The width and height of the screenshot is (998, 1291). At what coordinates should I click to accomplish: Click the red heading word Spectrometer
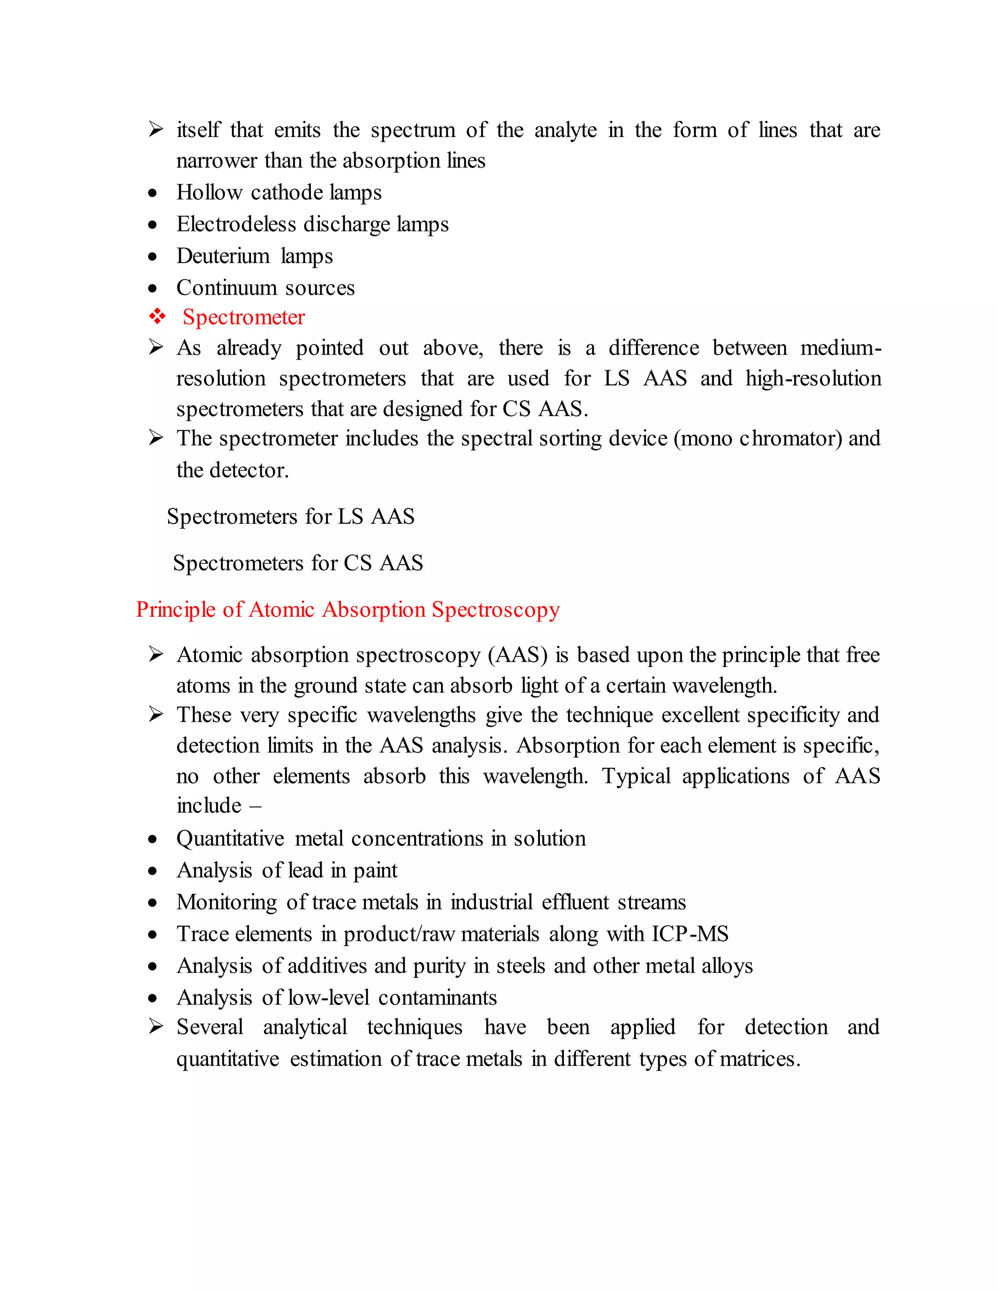tap(244, 318)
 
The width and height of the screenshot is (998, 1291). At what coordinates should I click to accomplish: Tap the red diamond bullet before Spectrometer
tap(157, 317)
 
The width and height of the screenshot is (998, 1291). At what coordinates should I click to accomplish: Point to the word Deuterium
tap(223, 256)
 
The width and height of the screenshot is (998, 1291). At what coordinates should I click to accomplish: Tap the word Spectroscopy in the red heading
tap(496, 610)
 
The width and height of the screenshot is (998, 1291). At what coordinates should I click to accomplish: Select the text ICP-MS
tap(690, 934)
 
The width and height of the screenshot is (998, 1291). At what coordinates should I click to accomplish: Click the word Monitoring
tap(227, 903)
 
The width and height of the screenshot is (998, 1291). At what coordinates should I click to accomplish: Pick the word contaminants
tap(438, 998)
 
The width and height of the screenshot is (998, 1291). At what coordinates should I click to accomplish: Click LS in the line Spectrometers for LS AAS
tap(350, 516)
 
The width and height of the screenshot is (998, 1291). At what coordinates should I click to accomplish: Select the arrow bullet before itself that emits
tap(156, 129)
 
